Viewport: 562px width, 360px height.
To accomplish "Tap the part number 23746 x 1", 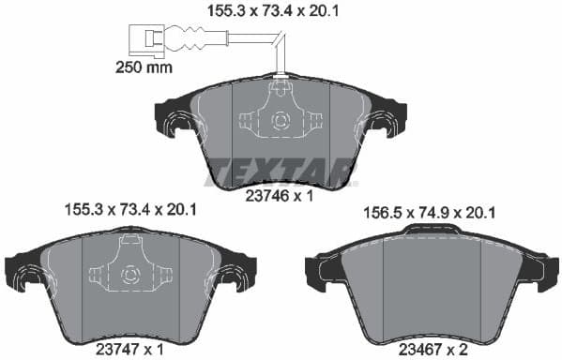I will coord(280,198).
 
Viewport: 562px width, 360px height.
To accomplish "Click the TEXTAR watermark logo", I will coord(281,172).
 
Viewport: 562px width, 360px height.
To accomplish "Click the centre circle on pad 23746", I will coord(279,120).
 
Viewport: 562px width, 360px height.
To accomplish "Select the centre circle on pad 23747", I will coord(130,275).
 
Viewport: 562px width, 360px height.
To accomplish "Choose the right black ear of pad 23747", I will coord(240,273).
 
